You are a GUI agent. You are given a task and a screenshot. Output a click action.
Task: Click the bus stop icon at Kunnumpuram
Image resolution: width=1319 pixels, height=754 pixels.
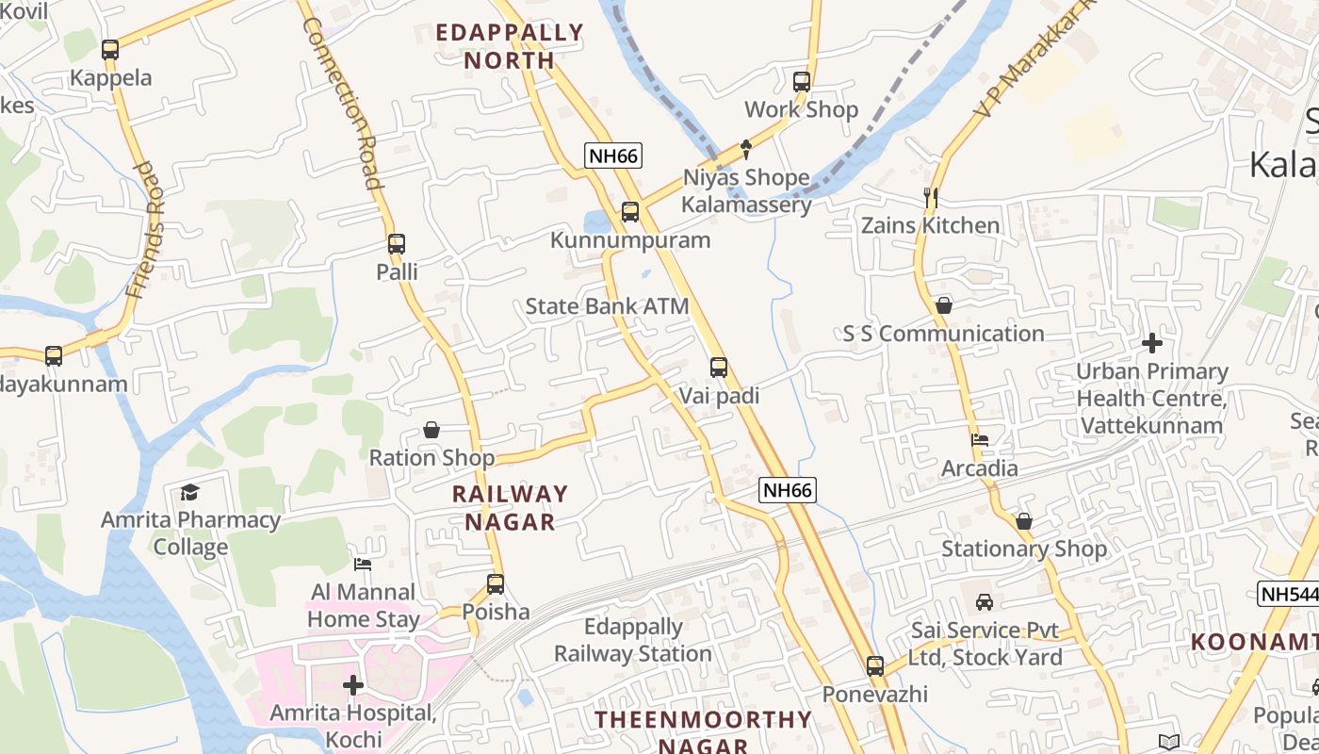coord(630,212)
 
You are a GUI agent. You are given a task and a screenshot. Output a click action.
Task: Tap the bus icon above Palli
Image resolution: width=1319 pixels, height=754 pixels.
coord(397,244)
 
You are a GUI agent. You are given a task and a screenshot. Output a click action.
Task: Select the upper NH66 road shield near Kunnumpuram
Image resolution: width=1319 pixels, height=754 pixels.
coord(613,156)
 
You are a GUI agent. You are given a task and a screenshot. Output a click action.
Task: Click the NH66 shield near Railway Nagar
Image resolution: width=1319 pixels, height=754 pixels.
coord(788,489)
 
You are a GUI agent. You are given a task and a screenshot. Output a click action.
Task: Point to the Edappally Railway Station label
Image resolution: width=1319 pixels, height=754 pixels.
coord(633,640)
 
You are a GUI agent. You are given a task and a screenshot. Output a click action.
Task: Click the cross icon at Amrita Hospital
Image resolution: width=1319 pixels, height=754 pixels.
coord(353,685)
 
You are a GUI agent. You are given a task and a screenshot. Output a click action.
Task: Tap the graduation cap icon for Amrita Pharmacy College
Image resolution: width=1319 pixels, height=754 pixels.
coord(190,492)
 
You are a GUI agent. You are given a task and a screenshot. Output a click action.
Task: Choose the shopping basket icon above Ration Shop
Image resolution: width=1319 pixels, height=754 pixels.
coord(432,430)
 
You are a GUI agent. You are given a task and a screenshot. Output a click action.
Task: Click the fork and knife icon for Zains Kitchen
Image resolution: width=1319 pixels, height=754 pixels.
coord(931,197)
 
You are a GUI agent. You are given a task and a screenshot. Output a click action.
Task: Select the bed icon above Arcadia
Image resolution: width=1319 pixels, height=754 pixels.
coord(980,439)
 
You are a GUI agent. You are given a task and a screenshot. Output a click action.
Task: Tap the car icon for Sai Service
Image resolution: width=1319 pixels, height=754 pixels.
coord(985,601)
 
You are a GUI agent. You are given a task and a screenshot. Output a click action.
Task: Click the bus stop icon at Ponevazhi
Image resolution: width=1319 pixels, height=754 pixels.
coord(875,666)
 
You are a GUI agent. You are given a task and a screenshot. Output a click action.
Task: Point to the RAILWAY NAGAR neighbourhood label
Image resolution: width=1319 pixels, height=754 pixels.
coord(510,507)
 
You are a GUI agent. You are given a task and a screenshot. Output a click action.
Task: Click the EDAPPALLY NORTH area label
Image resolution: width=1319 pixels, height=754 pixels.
coord(510,46)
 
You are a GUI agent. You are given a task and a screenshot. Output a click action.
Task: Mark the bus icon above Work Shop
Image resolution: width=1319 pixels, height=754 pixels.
coord(802,82)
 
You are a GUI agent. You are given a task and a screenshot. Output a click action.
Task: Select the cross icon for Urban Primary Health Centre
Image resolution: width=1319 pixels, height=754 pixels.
coord(1151,343)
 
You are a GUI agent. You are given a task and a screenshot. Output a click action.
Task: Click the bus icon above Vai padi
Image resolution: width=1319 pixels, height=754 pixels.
coord(719,368)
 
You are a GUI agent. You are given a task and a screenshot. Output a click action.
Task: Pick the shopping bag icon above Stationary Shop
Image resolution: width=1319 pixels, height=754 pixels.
coord(1024,520)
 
